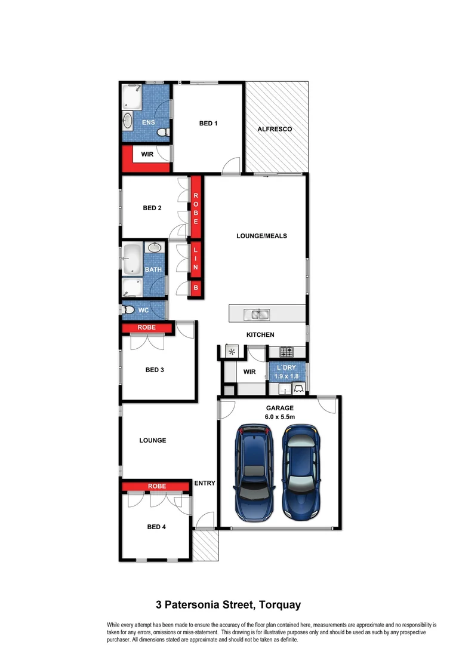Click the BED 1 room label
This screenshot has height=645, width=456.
208,124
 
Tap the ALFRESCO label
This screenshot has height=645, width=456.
274,129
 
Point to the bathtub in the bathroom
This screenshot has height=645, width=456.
132,259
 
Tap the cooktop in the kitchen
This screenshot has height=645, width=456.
288,351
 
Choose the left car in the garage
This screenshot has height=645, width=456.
255,472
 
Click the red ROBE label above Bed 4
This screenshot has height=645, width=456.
157,486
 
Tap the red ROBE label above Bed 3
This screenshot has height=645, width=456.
147,327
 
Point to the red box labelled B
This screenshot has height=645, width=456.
195,288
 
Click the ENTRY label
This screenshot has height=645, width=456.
205,483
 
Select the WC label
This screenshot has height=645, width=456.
143,311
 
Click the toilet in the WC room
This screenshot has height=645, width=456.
127,310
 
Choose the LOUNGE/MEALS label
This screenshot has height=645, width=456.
261,236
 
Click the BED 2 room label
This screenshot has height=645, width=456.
152,208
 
